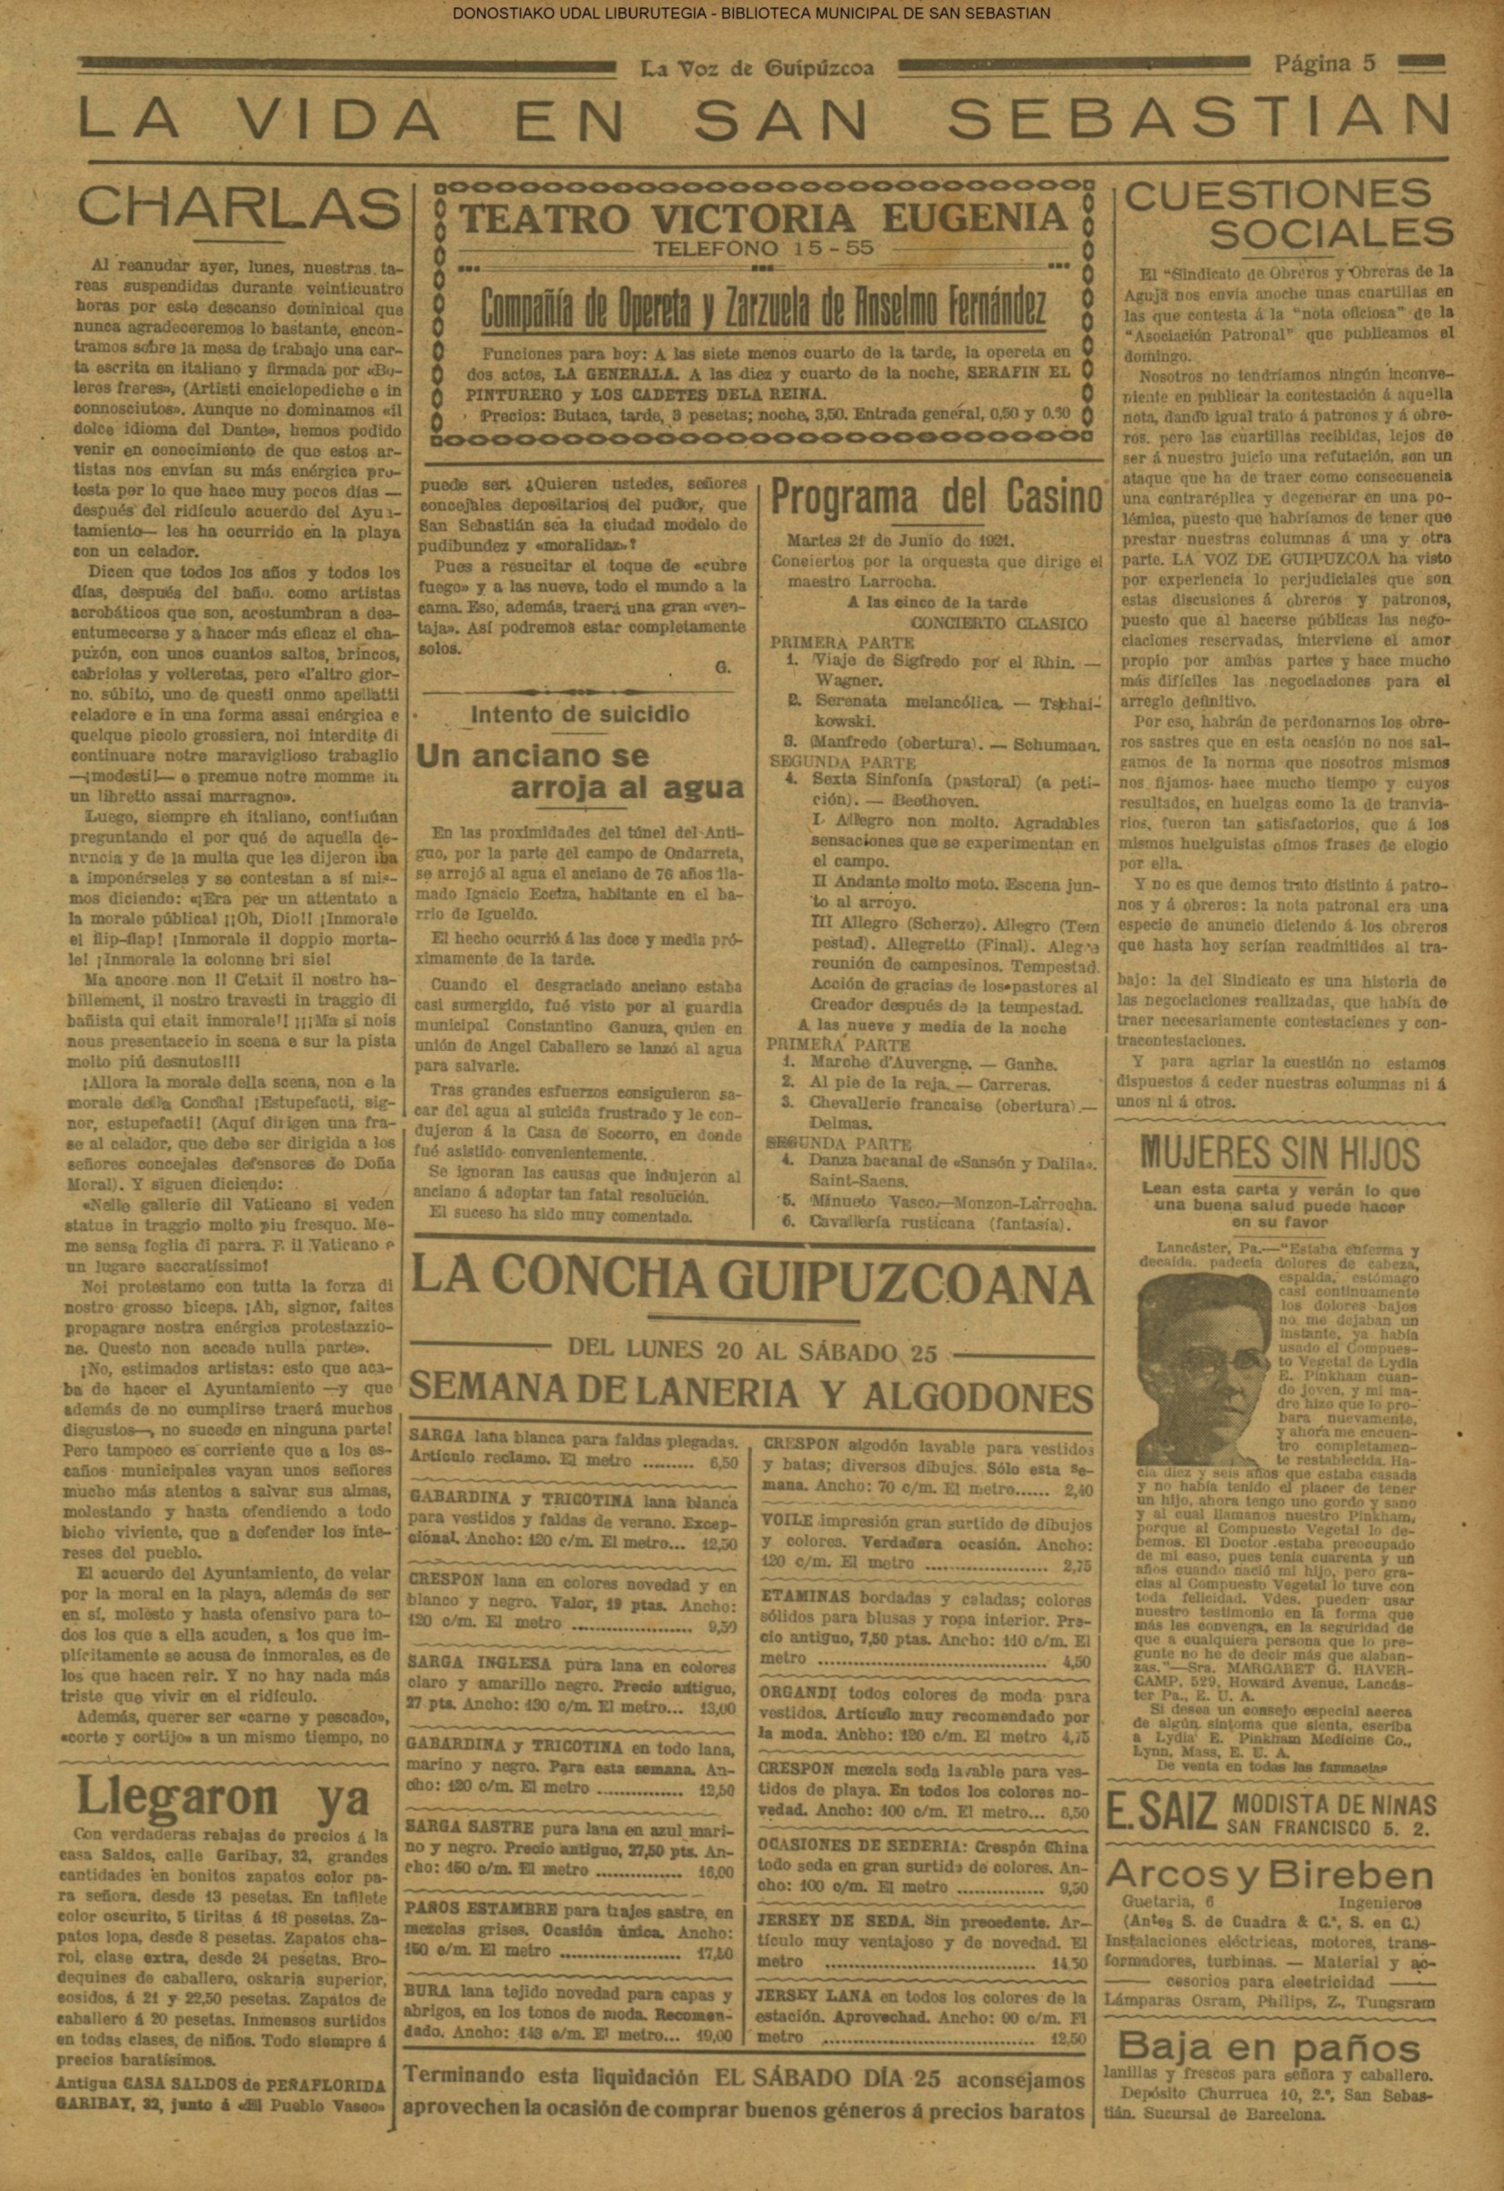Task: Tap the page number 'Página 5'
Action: (x=1326, y=65)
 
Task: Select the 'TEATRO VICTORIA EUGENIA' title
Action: (x=762, y=218)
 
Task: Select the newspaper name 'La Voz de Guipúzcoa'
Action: (x=757, y=69)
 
